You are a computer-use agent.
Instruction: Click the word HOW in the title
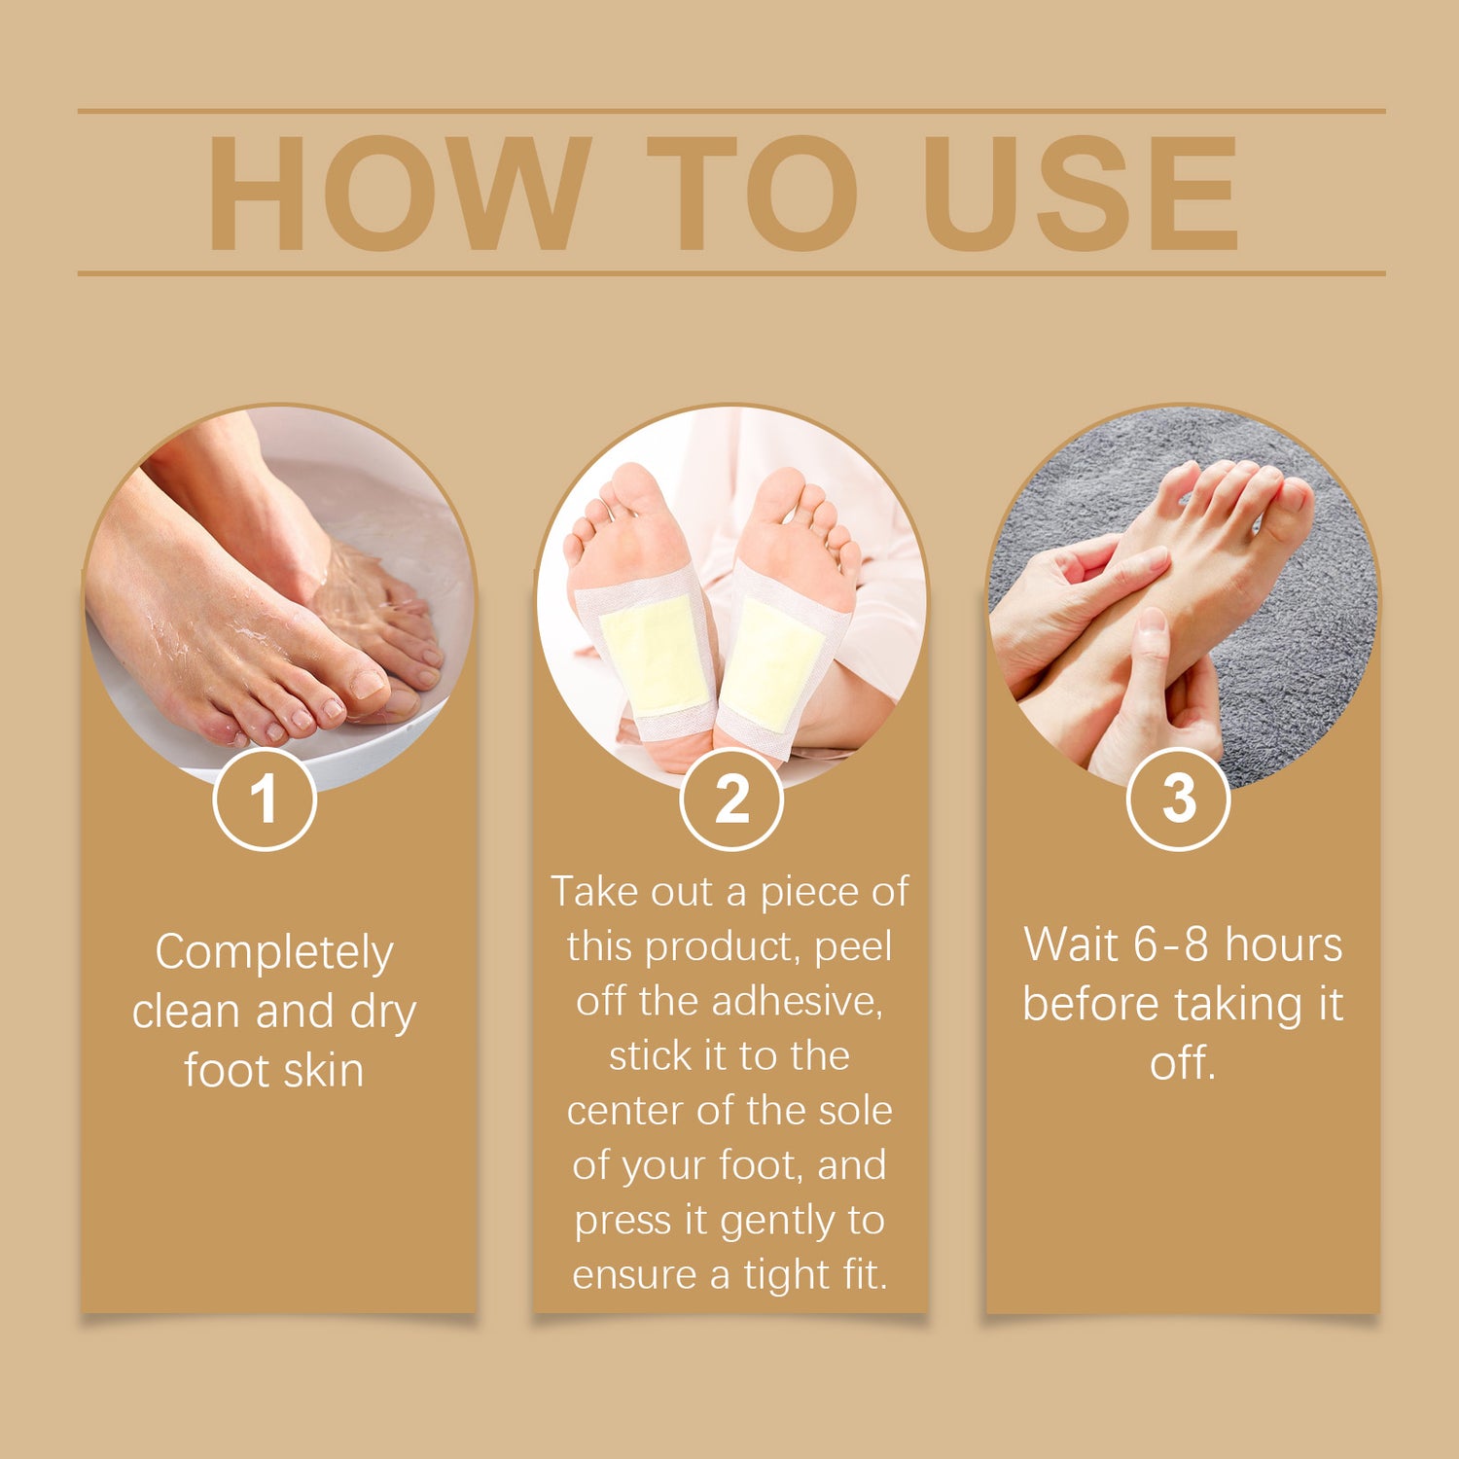[x=400, y=193]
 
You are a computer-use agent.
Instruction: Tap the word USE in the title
[x=1081, y=193]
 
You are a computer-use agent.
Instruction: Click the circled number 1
[x=265, y=799]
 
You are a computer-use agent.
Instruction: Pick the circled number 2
[x=731, y=799]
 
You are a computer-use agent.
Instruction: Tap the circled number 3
[x=1179, y=799]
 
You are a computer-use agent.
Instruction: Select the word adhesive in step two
[x=797, y=1001]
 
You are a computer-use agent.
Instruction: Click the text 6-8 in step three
[x=1172, y=944]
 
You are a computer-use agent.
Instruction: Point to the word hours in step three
[x=1283, y=944]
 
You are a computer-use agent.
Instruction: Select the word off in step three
[x=1182, y=1062]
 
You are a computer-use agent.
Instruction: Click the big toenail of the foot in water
[x=369, y=685]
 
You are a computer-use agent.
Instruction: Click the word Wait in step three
[x=1070, y=944]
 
